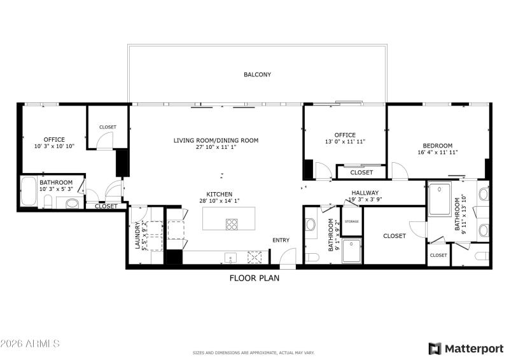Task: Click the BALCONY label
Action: click(257, 74)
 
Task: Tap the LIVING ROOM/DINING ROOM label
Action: click(216, 140)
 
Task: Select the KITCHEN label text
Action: click(218, 194)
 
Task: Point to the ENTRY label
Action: click(281, 240)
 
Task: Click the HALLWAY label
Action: click(365, 193)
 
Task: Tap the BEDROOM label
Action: click(438, 146)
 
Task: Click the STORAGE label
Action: click(352, 221)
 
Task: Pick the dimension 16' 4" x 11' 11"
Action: click(438, 153)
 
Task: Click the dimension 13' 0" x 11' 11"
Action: click(345, 142)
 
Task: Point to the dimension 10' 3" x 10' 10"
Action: click(54, 146)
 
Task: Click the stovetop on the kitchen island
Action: click(231, 223)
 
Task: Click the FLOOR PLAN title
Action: click(254, 278)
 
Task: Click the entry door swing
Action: click(287, 256)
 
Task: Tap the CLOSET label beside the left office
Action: click(108, 127)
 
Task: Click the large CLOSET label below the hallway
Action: click(394, 236)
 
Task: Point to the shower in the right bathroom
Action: click(439, 199)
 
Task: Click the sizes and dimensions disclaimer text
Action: click(254, 352)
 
